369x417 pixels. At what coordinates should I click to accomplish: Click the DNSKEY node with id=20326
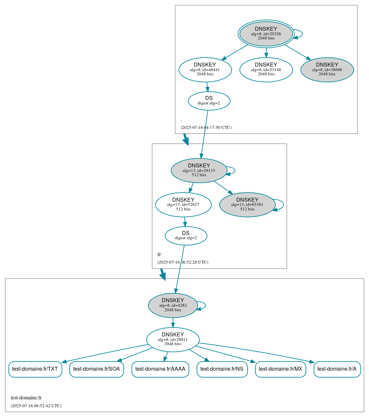coord(266,34)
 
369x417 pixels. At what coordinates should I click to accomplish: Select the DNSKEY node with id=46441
coord(205,69)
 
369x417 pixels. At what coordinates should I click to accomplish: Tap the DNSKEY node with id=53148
coord(266,69)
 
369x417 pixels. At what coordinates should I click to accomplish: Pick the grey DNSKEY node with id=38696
coord(327,69)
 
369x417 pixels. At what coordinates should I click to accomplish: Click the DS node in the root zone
coord(209,101)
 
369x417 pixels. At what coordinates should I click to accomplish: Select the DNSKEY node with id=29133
coord(199,170)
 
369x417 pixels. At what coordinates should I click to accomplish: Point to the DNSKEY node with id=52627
coord(183,205)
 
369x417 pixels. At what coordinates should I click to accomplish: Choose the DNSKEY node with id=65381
coord(247,205)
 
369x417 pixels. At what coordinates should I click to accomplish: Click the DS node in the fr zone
coord(186,236)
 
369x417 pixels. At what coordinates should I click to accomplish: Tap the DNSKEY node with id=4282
coord(173,305)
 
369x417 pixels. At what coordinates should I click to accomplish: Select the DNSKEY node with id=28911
coord(173,339)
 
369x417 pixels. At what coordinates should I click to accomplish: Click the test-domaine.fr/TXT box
coord(35,369)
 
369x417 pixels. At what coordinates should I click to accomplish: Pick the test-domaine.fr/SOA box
coord(96,369)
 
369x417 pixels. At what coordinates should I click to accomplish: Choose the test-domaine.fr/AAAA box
coord(160,369)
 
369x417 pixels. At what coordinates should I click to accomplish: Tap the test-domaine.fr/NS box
coord(222,369)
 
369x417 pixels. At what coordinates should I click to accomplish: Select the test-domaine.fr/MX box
coord(280,369)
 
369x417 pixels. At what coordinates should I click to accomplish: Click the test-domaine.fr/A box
coord(337,369)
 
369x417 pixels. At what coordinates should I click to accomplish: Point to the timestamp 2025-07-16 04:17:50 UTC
coord(206,128)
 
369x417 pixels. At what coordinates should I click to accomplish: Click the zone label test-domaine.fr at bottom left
coord(26,398)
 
